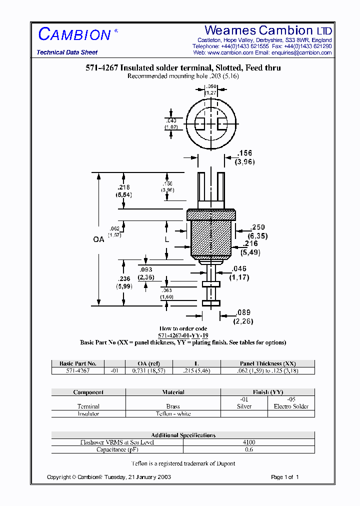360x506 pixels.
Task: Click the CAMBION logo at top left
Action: pyautogui.click(x=74, y=34)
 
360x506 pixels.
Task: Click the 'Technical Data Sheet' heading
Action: pyautogui.click(x=67, y=52)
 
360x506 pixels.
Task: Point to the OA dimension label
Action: pyautogui.click(x=98, y=239)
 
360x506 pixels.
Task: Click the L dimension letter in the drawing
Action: pyautogui.click(x=167, y=240)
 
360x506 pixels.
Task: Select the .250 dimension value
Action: pyautogui.click(x=258, y=227)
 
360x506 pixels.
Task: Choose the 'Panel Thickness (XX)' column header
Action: pyautogui.click(x=267, y=363)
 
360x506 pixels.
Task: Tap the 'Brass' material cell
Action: pyautogui.click(x=173, y=406)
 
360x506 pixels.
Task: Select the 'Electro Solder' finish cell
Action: pyautogui.click(x=291, y=406)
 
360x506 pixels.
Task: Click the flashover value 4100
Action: pyautogui.click(x=248, y=442)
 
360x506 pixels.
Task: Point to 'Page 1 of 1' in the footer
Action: pyautogui.click(x=284, y=477)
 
